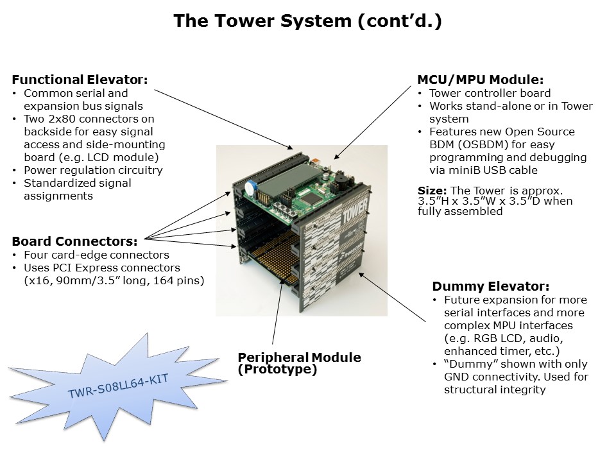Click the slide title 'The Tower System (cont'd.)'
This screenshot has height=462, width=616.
(307, 21)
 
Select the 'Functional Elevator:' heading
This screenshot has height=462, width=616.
(80, 80)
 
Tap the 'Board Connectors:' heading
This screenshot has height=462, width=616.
(74, 242)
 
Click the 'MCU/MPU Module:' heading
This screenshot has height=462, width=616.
(481, 80)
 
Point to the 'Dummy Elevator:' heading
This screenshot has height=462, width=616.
(490, 287)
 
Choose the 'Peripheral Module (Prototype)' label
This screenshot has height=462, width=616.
(299, 363)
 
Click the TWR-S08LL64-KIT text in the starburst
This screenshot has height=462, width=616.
(118, 386)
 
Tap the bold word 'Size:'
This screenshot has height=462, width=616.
(432, 191)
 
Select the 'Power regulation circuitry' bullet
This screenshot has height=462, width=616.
(93, 170)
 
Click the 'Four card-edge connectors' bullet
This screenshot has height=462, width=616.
(96, 255)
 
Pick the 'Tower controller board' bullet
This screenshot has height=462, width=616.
(490, 93)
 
